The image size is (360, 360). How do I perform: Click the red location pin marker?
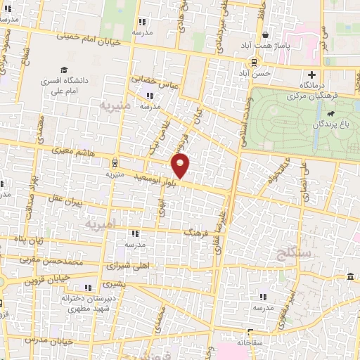coord(181,166)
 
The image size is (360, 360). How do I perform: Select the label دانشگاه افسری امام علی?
coord(84,85)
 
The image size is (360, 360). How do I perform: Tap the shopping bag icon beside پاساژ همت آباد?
coord(265,34)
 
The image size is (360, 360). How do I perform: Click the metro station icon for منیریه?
coord(115,162)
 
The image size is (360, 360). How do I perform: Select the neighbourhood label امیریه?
coord(98,224)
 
